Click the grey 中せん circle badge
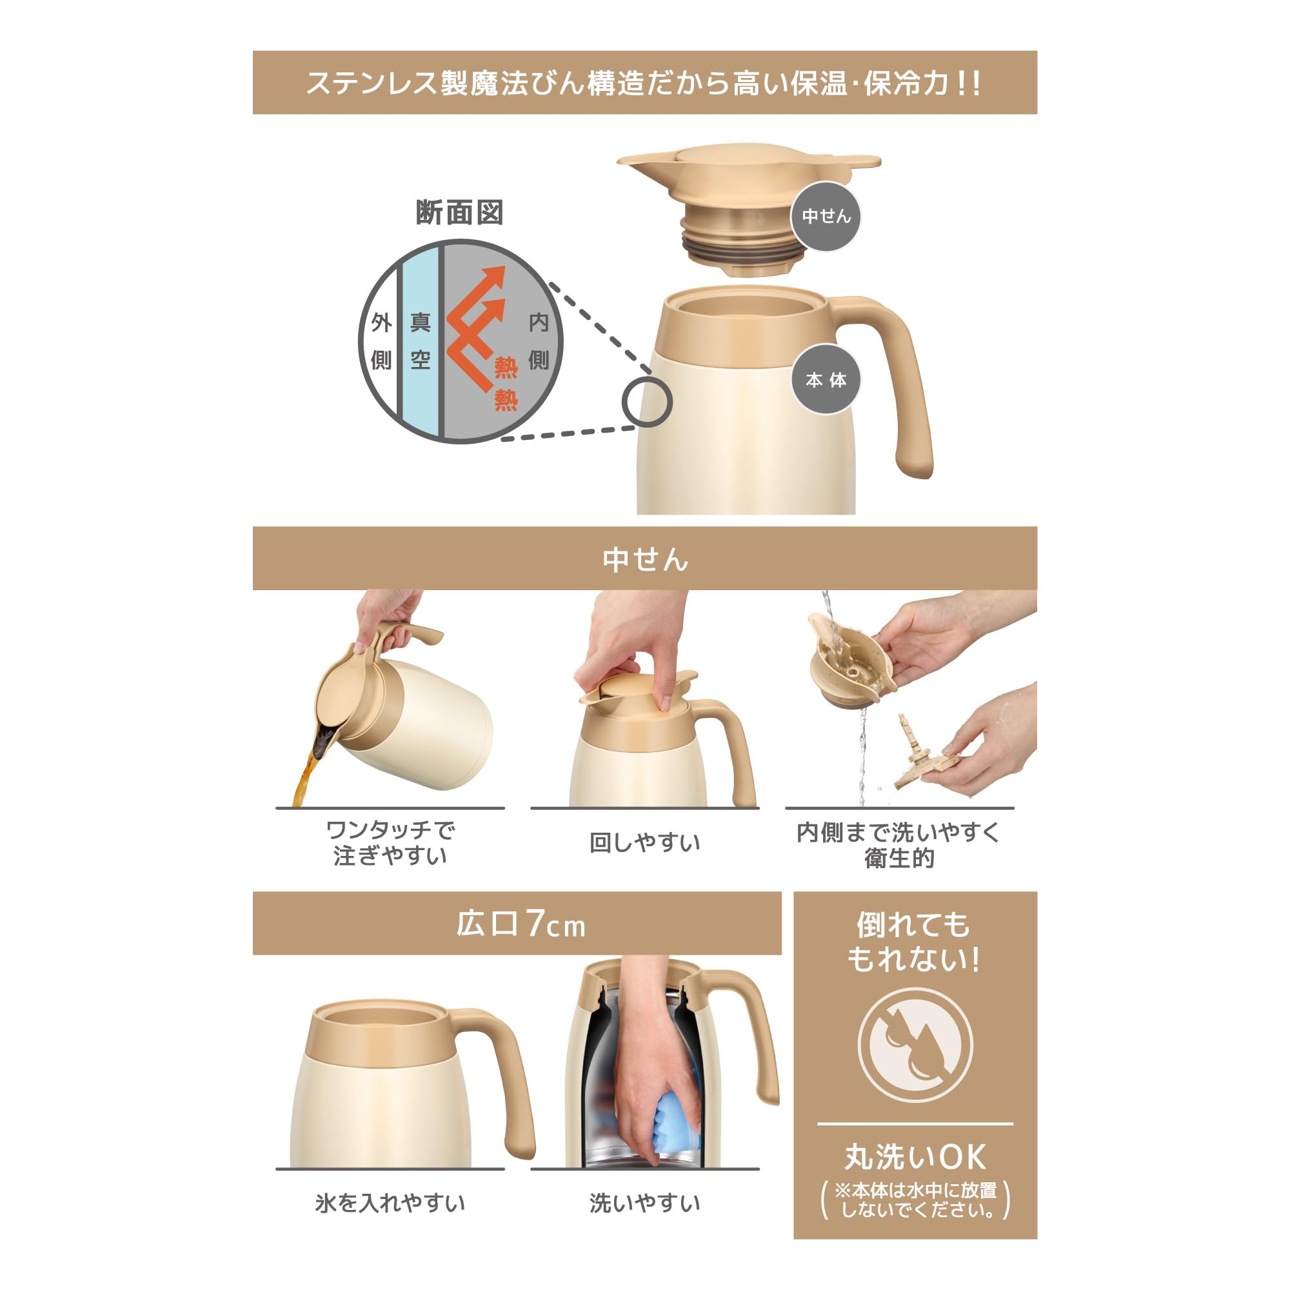click(826, 216)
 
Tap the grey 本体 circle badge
click(826, 379)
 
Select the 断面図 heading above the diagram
click(459, 213)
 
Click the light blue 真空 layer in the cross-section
click(420, 341)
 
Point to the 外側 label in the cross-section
click(381, 341)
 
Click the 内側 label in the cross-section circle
click(538, 341)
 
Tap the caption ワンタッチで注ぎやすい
click(391, 842)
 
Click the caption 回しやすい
click(645, 842)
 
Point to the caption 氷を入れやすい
click(390, 1202)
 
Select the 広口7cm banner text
click(521, 924)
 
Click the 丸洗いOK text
click(915, 1157)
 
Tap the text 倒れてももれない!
click(914, 942)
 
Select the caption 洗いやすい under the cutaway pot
click(645, 1202)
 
